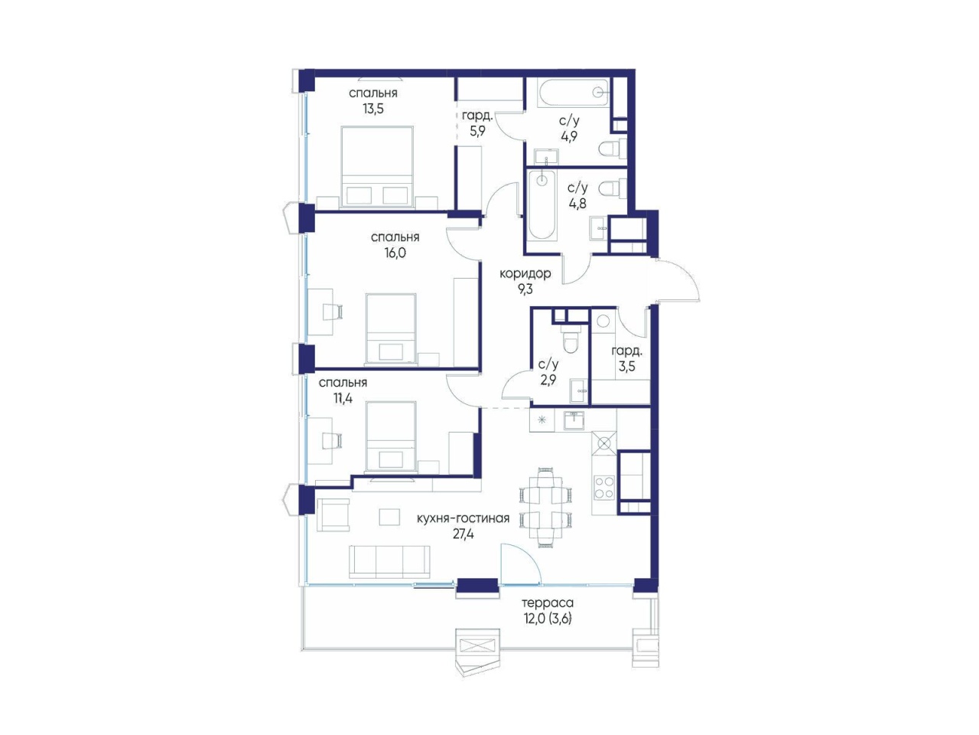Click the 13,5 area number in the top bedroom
tap(373, 109)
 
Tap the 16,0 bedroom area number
tap(395, 253)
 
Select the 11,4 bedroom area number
tap(343, 398)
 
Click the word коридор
tap(525, 273)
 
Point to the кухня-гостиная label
tap(463, 518)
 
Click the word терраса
tap(548, 603)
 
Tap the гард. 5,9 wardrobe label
tap(477, 123)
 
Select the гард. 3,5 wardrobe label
tap(626, 359)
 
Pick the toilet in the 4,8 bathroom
tap(612, 188)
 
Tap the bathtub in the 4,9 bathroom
tap(573, 93)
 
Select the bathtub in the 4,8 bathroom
tap(542, 205)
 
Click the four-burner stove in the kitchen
tap(603, 488)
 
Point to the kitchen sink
tap(573, 420)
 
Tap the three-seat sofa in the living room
tap(389, 562)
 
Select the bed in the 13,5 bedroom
tap(377, 167)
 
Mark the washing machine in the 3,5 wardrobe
tap(603, 322)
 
